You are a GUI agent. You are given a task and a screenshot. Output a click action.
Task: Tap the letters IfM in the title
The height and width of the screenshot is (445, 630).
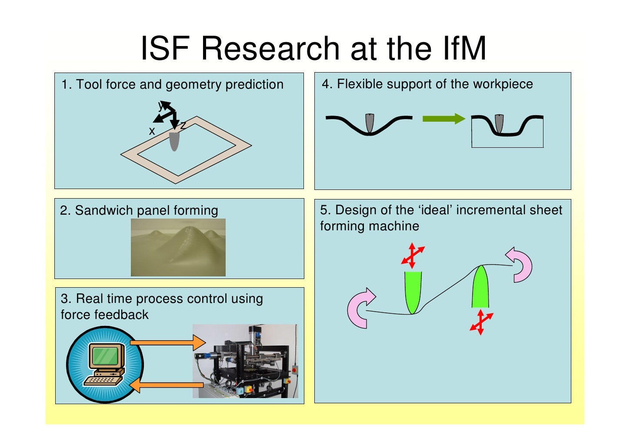point(464,48)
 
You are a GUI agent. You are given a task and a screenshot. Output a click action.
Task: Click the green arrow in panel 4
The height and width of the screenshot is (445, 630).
point(444,119)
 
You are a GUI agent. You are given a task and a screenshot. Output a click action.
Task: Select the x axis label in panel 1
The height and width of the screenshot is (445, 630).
point(152,131)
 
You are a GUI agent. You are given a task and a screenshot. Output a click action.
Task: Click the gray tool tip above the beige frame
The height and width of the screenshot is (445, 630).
point(174,141)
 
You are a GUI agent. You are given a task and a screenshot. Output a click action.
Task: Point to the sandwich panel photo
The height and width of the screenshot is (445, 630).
point(178,247)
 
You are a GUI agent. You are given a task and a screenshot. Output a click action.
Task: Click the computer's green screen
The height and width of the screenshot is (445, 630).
point(105,355)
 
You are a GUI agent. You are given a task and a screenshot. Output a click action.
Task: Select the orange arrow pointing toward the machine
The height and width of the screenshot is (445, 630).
point(168,343)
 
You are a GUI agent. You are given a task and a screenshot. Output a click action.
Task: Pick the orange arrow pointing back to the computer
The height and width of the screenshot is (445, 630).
point(167,385)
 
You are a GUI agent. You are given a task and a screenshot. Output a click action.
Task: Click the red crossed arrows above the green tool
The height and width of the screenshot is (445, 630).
point(412,255)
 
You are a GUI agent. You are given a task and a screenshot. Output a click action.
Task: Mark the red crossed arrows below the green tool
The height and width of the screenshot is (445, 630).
point(481,322)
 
